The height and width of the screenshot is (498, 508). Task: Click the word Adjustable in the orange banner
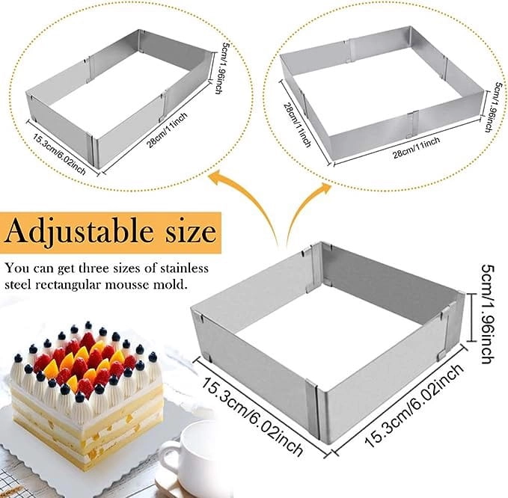pyautogui.click(x=79, y=232)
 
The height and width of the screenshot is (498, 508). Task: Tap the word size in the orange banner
pyautogui.click(x=191, y=231)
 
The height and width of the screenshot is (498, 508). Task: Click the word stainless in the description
pyautogui.click(x=184, y=268)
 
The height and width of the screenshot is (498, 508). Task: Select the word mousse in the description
pyautogui.click(x=133, y=285)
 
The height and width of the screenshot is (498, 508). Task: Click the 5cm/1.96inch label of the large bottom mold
pyautogui.click(x=488, y=314)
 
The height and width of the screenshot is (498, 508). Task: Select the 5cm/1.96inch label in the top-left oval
pyautogui.click(x=218, y=68)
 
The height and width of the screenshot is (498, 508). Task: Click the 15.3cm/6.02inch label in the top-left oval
pyautogui.click(x=60, y=154)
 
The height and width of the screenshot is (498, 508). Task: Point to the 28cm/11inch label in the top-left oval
pyautogui.click(x=168, y=130)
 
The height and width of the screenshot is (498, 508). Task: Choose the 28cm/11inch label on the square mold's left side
pyautogui.click(x=298, y=124)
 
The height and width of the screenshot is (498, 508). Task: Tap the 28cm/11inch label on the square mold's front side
pyautogui.click(x=417, y=147)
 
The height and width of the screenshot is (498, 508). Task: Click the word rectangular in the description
pyautogui.click(x=73, y=285)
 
